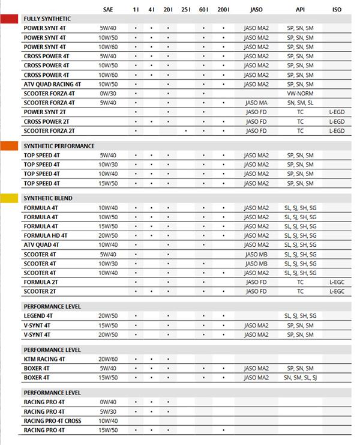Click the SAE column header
tap(107, 10)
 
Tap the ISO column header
tap(337, 10)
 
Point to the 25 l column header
tap(186, 10)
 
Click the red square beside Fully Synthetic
tap(9, 19)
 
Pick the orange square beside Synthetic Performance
tap(9, 146)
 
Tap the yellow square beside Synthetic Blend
tap(9, 198)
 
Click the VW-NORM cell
tap(300, 94)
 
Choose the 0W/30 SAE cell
tap(109, 94)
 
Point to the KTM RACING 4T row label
tap(44, 359)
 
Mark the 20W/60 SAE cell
tap(109, 359)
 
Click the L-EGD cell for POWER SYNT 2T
tap(337, 112)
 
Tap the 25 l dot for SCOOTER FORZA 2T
tap(186, 131)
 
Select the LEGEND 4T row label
tap(38, 316)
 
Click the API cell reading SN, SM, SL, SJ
tap(300, 378)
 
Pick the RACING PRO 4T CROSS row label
tap(53, 421)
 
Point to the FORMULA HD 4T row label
tap(46, 235)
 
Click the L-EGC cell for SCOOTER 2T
tap(337, 291)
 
